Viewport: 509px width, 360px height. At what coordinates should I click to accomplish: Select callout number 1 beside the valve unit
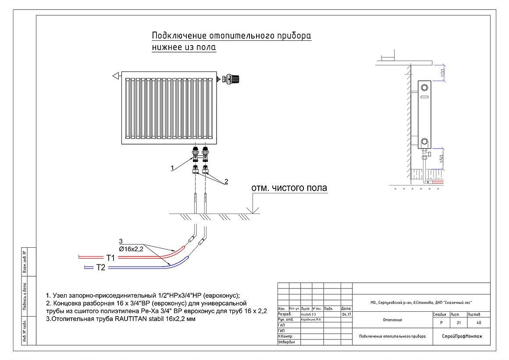pos(173,168)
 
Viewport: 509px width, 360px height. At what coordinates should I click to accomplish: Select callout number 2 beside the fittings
pos(226,182)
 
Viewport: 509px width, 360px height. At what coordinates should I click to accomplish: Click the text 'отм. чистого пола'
pos(289,189)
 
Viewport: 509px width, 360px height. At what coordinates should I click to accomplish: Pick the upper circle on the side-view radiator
pos(424,87)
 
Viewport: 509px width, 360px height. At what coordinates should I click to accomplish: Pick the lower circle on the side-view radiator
pos(424,142)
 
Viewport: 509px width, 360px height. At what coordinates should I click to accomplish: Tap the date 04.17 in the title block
pos(346,314)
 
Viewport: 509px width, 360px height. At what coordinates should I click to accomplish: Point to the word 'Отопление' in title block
pos(392,320)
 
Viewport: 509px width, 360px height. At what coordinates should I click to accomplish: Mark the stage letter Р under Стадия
pos(440,323)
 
